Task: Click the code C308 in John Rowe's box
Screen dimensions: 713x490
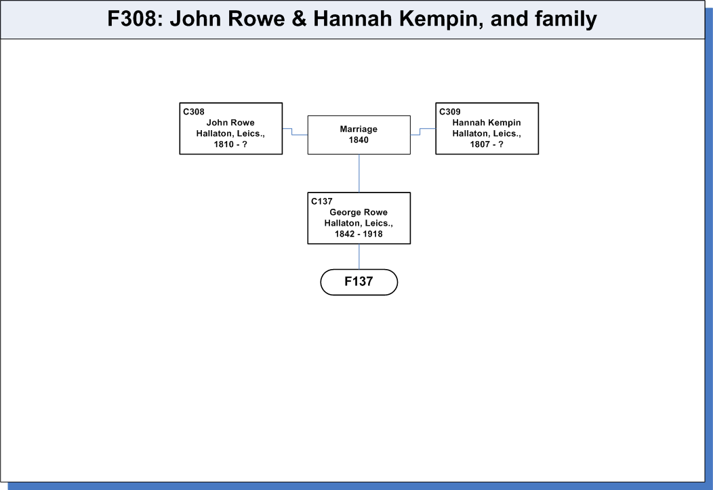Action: (x=194, y=112)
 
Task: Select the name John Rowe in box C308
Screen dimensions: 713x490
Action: (x=230, y=123)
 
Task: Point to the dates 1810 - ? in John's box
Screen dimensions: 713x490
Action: (x=230, y=144)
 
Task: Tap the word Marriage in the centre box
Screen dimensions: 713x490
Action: (x=359, y=129)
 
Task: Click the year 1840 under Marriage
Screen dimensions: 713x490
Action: (x=359, y=140)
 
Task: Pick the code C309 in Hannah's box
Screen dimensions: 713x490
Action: (x=450, y=112)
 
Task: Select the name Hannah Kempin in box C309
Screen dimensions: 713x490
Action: (x=487, y=123)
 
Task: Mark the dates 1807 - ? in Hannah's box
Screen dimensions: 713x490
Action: (x=487, y=144)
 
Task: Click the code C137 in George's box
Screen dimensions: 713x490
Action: (x=322, y=201)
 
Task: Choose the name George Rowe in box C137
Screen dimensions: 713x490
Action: (x=359, y=212)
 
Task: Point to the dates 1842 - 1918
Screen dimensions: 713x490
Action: (x=359, y=234)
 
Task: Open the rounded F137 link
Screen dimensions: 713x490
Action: (x=359, y=282)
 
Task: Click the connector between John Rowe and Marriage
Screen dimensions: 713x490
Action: (x=292, y=131)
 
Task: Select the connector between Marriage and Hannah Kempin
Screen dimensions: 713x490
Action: (x=420, y=131)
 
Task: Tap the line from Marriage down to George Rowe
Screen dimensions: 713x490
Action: (x=359, y=173)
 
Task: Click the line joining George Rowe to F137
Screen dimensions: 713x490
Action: (x=359, y=256)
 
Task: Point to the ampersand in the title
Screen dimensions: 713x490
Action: (x=299, y=19)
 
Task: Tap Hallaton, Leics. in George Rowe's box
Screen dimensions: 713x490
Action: (x=359, y=223)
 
